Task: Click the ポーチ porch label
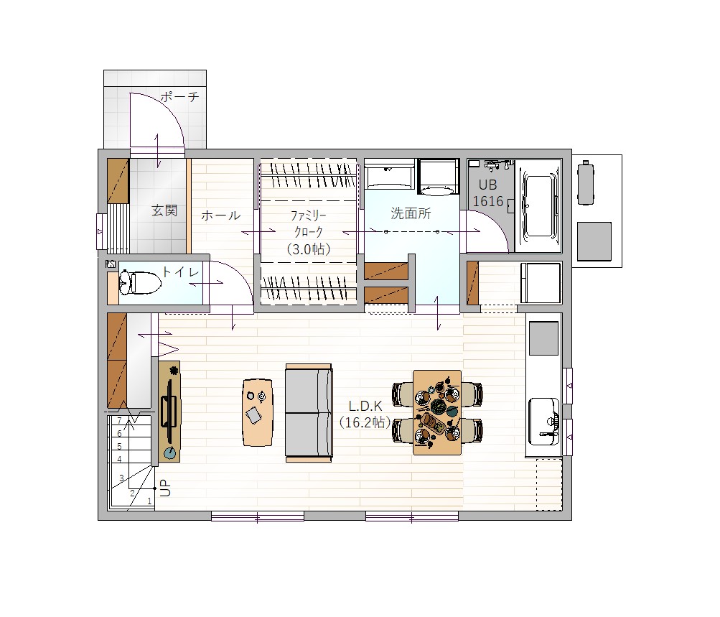tap(179, 96)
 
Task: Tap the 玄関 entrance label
tap(164, 211)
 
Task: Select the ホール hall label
tap(221, 215)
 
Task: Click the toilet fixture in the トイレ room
tap(140, 282)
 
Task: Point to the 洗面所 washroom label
tap(411, 213)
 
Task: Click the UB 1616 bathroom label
tap(488, 193)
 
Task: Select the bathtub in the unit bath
tap(538, 206)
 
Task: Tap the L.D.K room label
tap(365, 406)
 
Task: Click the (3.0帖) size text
tap(308, 249)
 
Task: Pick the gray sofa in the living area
tap(309, 412)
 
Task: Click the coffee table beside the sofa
tap(258, 412)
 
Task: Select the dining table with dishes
tap(437, 412)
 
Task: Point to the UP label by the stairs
tap(165, 488)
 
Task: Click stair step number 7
tap(119, 421)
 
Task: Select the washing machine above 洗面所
tap(439, 177)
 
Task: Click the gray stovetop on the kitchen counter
tap(543, 338)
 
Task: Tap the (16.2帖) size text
tap(365, 422)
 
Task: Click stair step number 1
tap(149, 501)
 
